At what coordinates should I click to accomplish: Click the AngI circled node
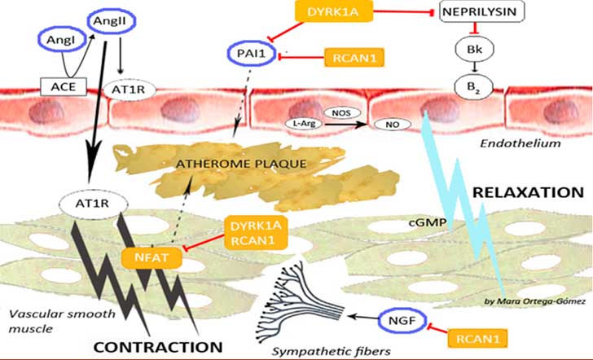[63, 40]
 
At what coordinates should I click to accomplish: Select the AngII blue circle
[111, 21]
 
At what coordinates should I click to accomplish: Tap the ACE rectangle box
[64, 86]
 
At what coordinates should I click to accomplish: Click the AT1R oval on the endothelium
[130, 90]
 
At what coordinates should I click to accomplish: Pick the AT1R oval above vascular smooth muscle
[93, 204]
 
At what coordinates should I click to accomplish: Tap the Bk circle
[475, 49]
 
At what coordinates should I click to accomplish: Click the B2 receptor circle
[474, 87]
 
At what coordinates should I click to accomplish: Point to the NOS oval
[342, 112]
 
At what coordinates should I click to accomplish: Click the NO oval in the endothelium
[393, 125]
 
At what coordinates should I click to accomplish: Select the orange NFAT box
[152, 258]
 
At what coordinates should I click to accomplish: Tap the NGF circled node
[402, 322]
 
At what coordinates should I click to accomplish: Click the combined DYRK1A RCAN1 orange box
[256, 233]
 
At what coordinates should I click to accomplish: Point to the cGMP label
[431, 222]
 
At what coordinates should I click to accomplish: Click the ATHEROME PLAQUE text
[241, 164]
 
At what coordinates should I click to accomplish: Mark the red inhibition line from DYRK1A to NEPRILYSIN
[403, 12]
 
